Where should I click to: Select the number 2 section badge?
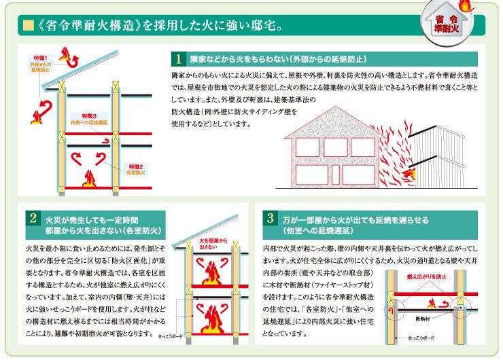(x=33, y=220)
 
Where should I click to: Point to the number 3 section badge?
(x=271, y=219)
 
